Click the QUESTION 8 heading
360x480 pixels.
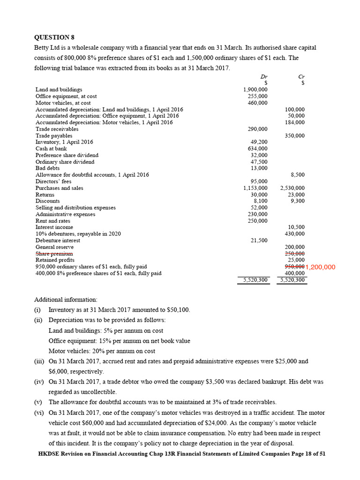54,37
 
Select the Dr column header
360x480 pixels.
264,76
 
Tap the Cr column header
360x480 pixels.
301,76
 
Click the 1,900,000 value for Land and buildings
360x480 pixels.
255,90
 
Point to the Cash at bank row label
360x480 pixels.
51,149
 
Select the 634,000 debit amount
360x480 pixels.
257,149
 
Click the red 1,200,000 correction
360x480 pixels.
320,267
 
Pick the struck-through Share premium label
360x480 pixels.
54,254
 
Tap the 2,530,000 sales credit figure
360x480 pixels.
292,188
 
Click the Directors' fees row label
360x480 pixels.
53,181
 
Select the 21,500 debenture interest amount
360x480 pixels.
259,240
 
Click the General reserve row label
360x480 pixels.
54,247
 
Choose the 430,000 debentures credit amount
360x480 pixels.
294,234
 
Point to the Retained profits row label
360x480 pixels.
55,260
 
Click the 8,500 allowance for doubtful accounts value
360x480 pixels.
298,175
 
